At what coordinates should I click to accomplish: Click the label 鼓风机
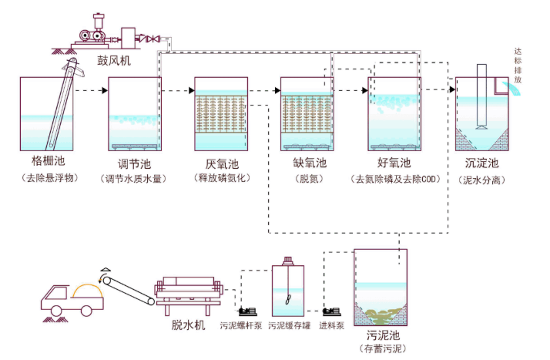click(113, 60)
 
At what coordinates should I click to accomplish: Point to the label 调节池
click(134, 163)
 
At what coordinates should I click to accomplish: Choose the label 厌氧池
click(222, 163)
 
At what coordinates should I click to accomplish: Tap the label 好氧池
click(394, 163)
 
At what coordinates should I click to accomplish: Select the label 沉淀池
click(482, 163)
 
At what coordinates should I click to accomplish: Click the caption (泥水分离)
click(482, 179)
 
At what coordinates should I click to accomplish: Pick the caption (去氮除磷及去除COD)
click(394, 179)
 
